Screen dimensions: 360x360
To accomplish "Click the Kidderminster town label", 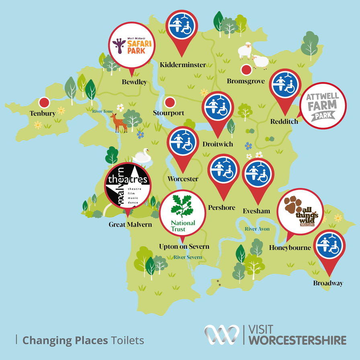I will [182, 65].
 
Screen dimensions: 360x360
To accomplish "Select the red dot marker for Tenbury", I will [44, 102].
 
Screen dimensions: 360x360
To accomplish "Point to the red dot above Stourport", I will [170, 102].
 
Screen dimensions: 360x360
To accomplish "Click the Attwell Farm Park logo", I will [323, 106].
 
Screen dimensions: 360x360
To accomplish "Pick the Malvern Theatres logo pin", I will [128, 186].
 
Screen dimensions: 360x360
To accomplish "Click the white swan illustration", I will [142, 155].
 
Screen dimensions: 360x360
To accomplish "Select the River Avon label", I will [257, 229].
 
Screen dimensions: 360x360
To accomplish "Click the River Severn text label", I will [188, 257].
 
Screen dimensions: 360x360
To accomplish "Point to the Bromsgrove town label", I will [246, 81].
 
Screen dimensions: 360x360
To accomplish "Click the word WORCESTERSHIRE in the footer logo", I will [298, 340].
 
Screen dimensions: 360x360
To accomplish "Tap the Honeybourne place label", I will [290, 247].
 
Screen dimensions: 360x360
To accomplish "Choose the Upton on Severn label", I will [182, 246].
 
